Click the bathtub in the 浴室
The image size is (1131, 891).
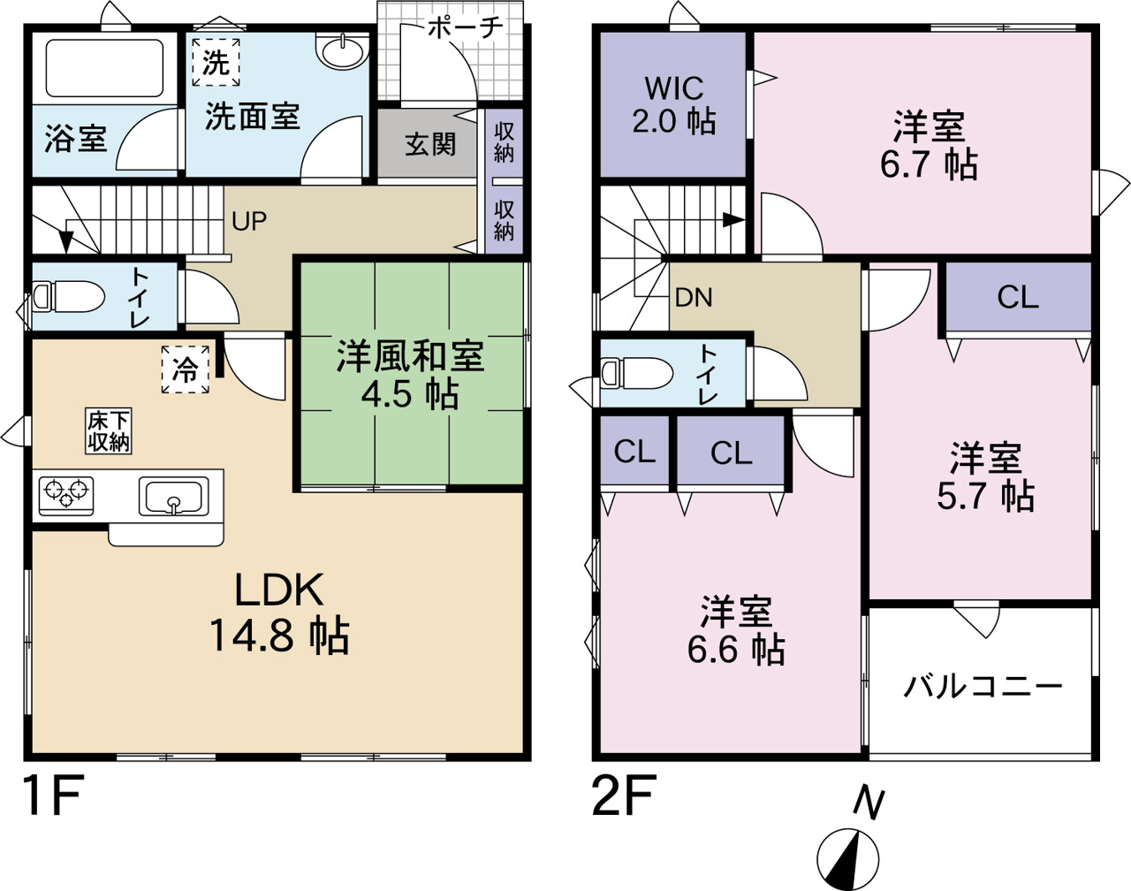click(104, 68)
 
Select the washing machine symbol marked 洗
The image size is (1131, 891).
click(216, 62)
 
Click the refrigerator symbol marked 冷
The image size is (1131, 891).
click(185, 369)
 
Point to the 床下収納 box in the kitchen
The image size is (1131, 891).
click(109, 430)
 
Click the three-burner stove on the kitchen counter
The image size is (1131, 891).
click(66, 496)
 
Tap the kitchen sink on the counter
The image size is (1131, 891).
click(173, 496)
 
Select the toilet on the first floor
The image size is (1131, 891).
click(68, 297)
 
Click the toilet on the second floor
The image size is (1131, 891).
click(636, 373)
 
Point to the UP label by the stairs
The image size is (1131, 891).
click(249, 222)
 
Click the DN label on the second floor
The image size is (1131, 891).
click(694, 298)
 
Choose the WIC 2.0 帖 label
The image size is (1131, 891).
click(674, 105)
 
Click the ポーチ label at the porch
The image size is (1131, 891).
click(466, 27)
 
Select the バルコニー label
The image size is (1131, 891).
click(983, 687)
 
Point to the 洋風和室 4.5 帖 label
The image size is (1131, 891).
click(411, 375)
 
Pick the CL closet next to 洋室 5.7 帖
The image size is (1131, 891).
click(1018, 297)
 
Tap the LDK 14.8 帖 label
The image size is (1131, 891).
click(279, 613)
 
